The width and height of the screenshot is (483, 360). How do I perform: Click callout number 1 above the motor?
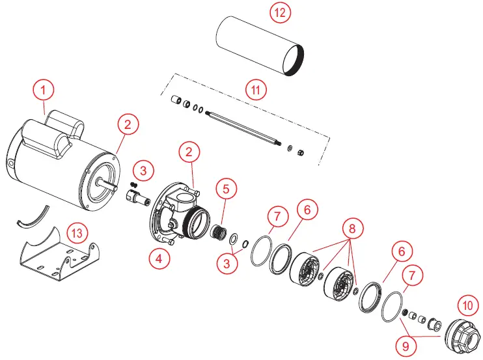pyautogui.click(x=44, y=89)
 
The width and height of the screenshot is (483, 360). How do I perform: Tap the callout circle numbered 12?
pyautogui.click(x=279, y=12)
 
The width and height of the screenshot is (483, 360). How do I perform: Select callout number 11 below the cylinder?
pyautogui.click(x=258, y=89)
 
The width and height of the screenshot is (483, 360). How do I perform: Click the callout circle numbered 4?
pyautogui.click(x=159, y=257)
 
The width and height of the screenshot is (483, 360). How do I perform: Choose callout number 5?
pyautogui.click(x=225, y=189)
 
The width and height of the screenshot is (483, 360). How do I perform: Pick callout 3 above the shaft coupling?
pyautogui.click(x=143, y=171)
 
